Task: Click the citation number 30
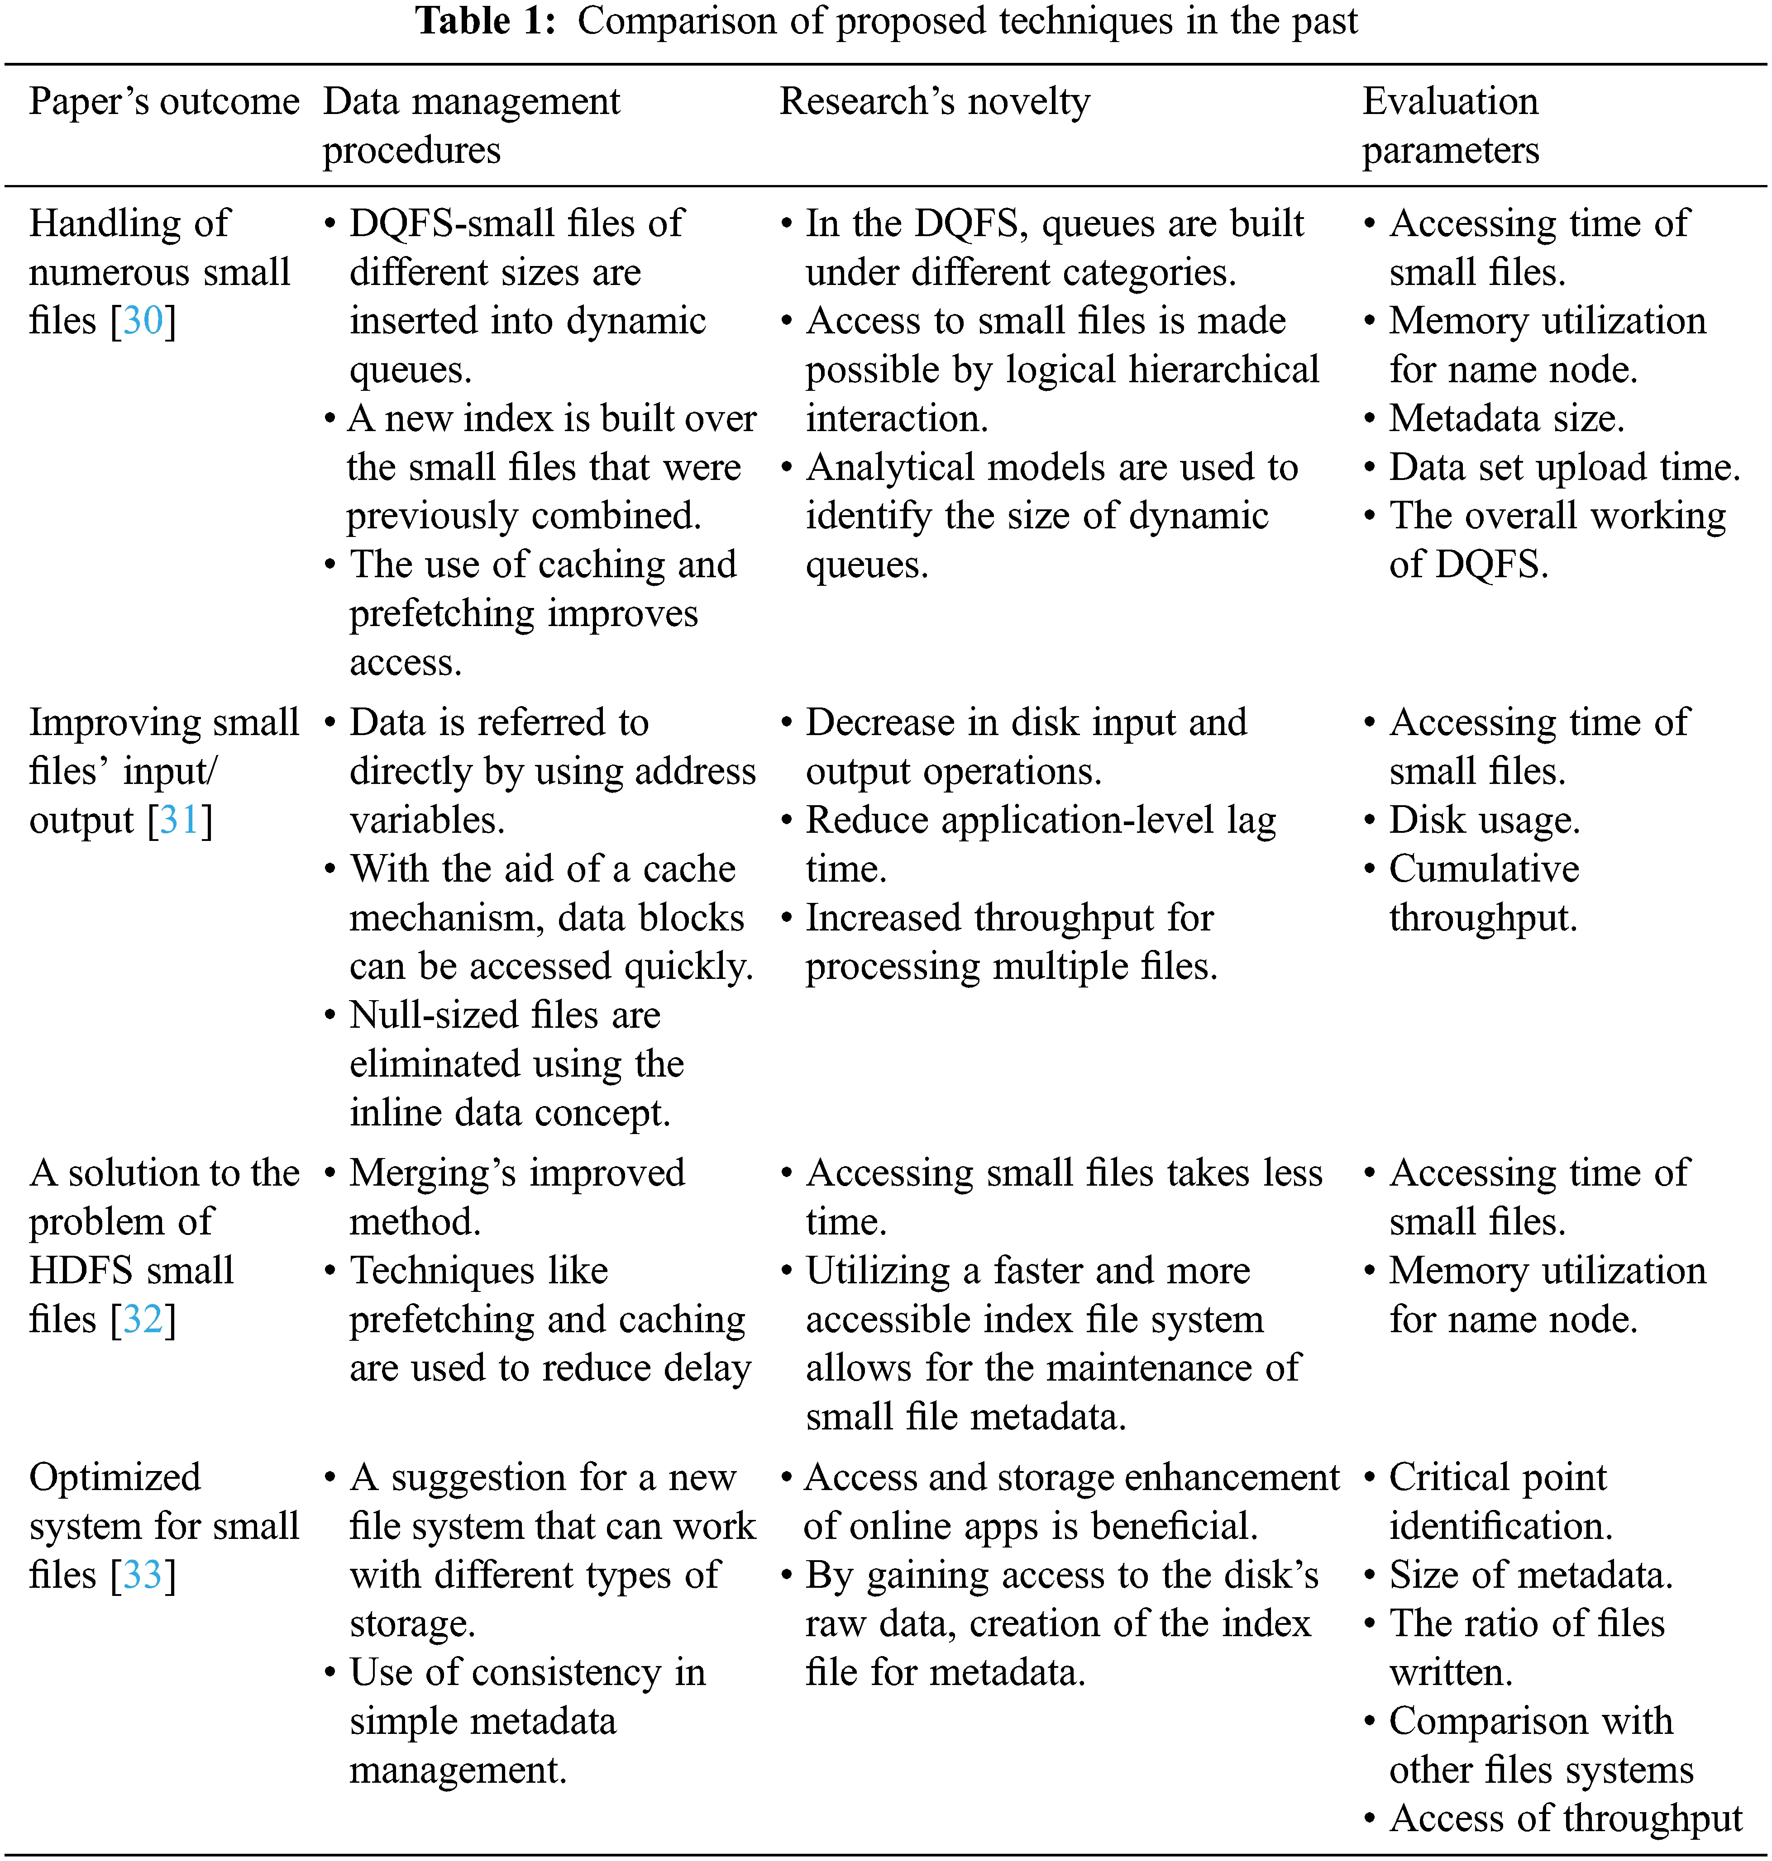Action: click(143, 321)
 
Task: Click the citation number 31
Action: click(180, 820)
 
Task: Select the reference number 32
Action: click(143, 1319)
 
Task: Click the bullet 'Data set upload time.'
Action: click(1564, 467)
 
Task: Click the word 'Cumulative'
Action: click(1484, 869)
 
